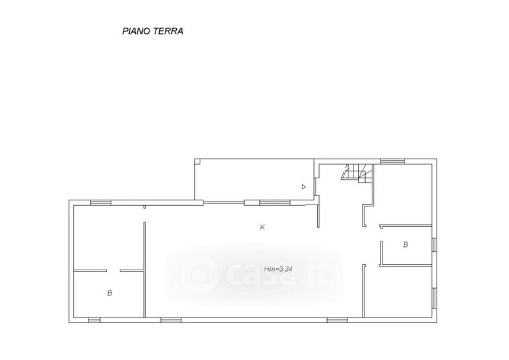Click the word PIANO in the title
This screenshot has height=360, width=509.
136,31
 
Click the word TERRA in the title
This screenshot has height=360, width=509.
168,31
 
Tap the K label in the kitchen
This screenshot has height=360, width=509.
262,227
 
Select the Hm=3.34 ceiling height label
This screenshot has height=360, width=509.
278,269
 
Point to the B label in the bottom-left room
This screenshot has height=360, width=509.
109,293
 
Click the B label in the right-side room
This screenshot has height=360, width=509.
405,245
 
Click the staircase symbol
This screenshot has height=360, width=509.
357,173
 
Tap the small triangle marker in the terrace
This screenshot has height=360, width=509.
304,187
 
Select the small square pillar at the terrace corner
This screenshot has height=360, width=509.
197,161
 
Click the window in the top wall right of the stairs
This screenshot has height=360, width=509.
393,161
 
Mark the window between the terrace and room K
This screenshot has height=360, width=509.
275,203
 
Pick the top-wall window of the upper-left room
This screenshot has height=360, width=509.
101,203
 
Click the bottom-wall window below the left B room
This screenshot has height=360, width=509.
94,320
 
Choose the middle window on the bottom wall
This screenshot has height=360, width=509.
171,320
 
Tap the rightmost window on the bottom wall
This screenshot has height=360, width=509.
337,320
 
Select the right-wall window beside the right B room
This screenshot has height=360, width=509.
435,245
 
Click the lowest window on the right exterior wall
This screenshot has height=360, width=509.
435,298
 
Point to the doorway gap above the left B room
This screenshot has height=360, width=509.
113,271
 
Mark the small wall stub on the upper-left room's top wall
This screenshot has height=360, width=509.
144,206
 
